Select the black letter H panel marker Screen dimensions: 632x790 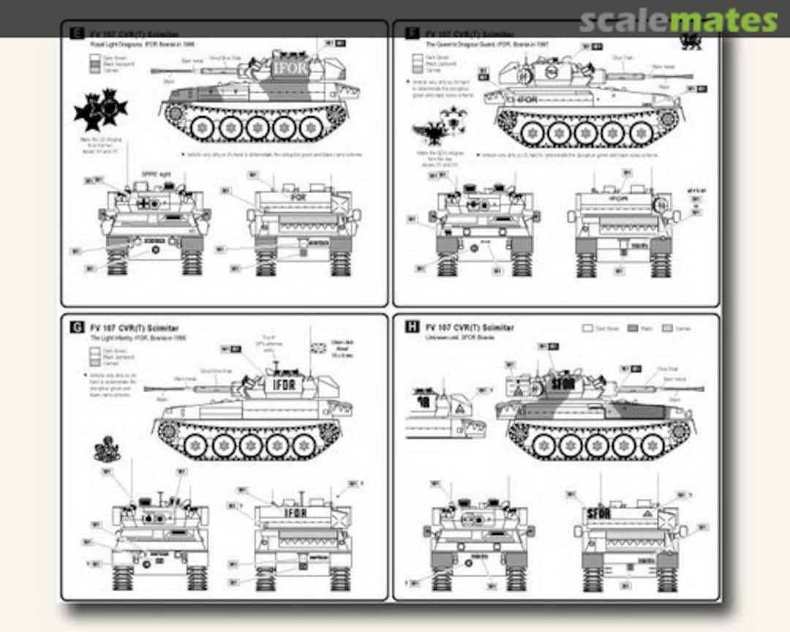[x=413, y=327]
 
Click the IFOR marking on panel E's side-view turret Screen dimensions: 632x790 [x=290, y=67]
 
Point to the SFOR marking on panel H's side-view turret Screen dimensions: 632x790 [x=563, y=383]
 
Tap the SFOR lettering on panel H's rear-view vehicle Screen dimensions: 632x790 [x=598, y=513]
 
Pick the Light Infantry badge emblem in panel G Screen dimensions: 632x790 [x=108, y=451]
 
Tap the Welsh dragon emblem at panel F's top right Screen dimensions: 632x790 [x=691, y=40]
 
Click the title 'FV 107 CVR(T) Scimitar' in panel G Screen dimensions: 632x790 [x=133, y=328]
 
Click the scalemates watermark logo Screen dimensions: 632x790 [x=678, y=20]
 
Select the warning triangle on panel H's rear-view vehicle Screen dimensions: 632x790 [x=647, y=515]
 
